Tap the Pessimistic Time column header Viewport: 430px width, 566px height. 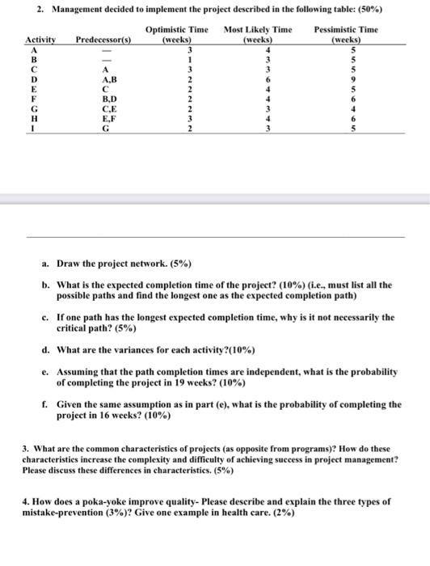346,34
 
